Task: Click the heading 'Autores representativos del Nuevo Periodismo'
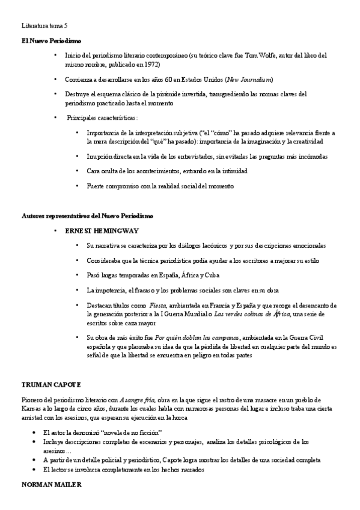(x=87, y=215)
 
